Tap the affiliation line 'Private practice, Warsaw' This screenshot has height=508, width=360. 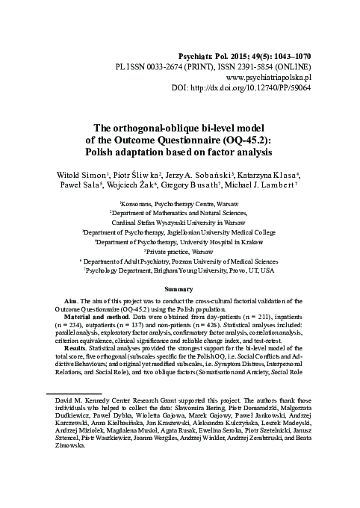tap(179, 252)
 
